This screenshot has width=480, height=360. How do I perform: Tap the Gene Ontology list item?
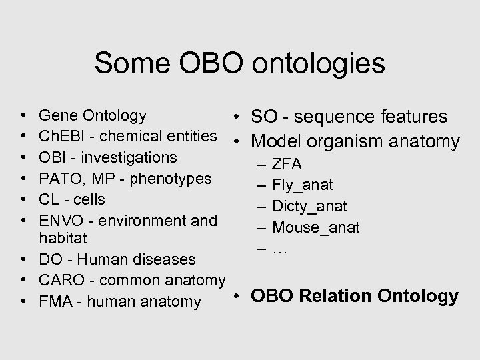[93, 115]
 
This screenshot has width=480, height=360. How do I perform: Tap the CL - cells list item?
[72, 199]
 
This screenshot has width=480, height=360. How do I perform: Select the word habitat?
[65, 237]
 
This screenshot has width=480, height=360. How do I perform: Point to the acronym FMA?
[56, 302]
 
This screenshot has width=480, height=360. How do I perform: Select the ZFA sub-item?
[287, 164]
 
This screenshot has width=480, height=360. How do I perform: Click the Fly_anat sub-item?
[303, 185]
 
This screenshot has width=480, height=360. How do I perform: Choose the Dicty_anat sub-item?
[309, 206]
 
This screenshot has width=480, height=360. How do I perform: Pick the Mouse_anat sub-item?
[316, 227]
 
